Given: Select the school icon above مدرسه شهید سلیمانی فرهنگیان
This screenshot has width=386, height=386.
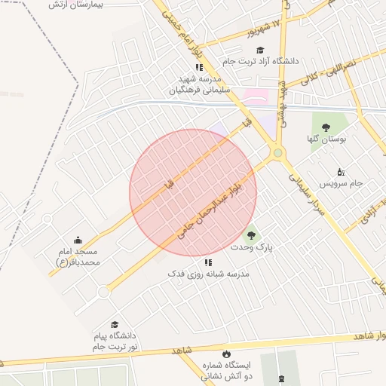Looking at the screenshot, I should coord(199,67).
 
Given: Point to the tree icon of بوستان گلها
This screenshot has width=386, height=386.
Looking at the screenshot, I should coord(326,127).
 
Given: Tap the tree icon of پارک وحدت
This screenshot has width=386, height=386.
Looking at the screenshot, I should coord(250,234).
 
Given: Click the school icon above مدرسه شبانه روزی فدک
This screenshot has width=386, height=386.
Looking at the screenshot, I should coord(208,262).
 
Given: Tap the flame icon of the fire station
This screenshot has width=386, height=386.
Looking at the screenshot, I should coord(225,354).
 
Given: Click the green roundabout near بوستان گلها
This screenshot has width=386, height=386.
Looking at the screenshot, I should coord(278,153).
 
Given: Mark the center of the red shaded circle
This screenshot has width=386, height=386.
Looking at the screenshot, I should coord(193,192).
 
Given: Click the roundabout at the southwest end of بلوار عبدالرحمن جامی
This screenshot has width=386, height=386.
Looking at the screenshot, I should coord(103,292).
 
